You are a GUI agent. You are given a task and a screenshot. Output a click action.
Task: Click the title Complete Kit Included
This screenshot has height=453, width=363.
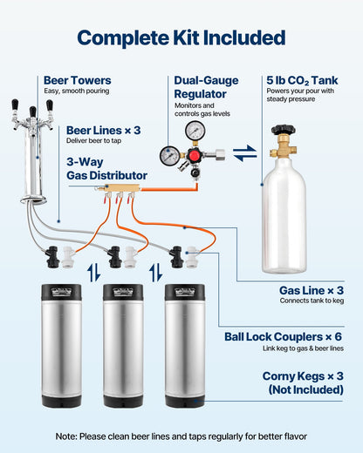[181, 37]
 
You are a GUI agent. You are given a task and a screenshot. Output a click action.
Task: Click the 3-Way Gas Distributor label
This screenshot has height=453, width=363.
[106, 168]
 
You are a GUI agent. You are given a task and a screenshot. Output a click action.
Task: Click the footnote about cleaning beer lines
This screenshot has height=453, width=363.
[181, 435]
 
